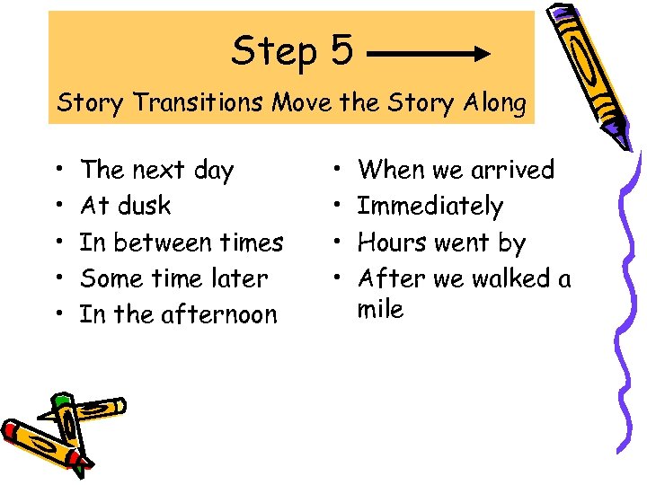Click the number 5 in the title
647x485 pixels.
(x=341, y=51)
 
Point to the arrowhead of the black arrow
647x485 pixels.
(x=482, y=54)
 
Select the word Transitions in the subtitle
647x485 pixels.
(x=193, y=103)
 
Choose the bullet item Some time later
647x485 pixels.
(x=173, y=278)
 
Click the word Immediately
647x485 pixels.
(x=430, y=207)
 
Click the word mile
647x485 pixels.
(x=381, y=310)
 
